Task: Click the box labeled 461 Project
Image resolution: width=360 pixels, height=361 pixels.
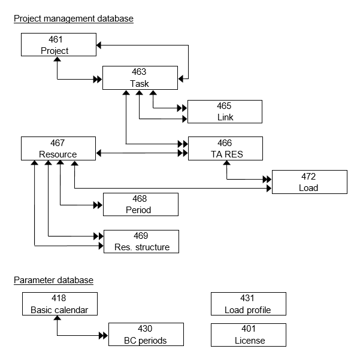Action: point(58,45)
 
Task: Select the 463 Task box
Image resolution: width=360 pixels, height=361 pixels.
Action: point(140,78)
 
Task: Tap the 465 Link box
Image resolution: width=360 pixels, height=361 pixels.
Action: point(225,112)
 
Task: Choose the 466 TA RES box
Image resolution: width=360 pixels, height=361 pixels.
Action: point(225,148)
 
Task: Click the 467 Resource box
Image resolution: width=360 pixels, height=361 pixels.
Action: point(58,148)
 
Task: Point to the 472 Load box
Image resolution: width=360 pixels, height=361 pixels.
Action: point(309,182)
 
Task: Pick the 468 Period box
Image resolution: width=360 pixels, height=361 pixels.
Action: point(140,204)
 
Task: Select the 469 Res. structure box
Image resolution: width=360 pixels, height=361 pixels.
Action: point(141,241)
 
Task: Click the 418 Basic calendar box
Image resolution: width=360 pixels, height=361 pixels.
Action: point(59,304)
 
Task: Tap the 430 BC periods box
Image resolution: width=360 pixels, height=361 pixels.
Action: point(145,335)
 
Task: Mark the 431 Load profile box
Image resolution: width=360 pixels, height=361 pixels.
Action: point(248,304)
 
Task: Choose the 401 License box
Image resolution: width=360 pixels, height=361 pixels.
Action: point(248,335)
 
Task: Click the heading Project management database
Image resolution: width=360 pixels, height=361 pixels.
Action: point(73,19)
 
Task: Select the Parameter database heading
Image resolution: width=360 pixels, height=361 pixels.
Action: point(53,280)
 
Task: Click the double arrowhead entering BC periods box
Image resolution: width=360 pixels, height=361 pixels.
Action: point(104,335)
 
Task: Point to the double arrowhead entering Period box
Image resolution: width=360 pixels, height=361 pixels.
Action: point(98,205)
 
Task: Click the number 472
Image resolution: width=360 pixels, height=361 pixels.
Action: point(309,177)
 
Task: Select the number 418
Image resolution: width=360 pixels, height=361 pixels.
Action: point(59,298)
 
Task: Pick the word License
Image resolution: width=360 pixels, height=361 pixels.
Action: point(248,341)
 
